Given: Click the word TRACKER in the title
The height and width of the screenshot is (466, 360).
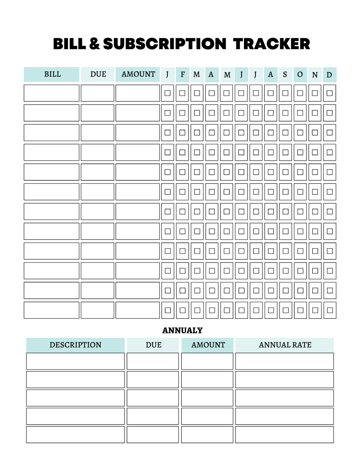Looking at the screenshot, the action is (x=271, y=44).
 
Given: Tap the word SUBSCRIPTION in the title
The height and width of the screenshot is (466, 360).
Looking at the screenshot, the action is (x=165, y=44).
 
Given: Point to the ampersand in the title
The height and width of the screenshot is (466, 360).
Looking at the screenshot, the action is (x=94, y=44).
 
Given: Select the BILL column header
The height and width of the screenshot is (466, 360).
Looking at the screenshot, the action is (x=52, y=74).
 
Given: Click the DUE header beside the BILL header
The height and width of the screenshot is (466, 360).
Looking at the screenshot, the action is (x=98, y=74).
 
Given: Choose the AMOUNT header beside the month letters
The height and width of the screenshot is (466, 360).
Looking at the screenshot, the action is (x=138, y=74).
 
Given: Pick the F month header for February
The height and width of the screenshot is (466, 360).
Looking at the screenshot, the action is (x=182, y=75).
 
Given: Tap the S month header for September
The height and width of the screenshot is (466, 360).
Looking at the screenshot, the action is (x=285, y=75).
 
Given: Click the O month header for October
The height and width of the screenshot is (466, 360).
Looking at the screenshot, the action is (x=300, y=75).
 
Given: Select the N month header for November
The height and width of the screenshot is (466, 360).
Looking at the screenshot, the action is (x=315, y=75).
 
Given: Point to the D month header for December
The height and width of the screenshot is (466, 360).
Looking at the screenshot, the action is (x=329, y=75).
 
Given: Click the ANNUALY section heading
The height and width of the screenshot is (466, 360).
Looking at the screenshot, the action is (x=182, y=330).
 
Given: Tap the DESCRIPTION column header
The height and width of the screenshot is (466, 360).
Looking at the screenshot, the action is (x=75, y=345).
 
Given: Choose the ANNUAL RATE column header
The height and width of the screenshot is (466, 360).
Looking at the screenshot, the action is (x=285, y=345).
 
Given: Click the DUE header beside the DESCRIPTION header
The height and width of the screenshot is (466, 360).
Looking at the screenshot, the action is (x=153, y=345).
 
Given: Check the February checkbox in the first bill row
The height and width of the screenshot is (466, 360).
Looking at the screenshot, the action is (x=182, y=93).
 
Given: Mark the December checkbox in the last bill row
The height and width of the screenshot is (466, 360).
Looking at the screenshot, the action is (x=330, y=310).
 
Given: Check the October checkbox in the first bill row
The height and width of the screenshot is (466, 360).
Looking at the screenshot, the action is (x=300, y=93).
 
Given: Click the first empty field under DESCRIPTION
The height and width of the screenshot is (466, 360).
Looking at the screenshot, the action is (x=75, y=361).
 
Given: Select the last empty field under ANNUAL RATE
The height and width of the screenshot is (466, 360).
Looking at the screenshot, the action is (x=284, y=434).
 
